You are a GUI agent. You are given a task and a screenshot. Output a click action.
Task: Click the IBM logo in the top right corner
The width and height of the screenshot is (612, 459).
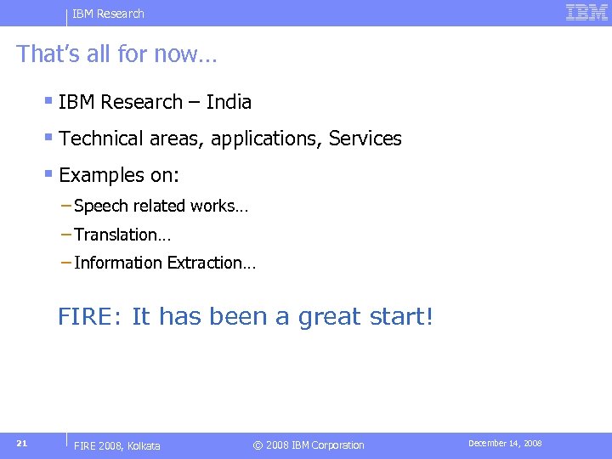586,13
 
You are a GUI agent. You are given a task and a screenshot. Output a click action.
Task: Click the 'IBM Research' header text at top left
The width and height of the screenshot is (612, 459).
108,14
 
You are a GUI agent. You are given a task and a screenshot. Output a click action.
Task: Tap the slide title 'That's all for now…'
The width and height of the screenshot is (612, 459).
117,54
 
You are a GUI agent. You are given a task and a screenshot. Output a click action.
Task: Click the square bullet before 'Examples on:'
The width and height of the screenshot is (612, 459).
49,175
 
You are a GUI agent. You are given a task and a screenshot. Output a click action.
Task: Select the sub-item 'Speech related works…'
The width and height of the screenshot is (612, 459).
161,206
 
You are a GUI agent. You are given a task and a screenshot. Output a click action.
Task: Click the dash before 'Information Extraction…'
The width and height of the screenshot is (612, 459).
66,263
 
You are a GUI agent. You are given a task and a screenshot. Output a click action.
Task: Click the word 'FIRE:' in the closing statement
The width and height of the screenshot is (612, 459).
91,317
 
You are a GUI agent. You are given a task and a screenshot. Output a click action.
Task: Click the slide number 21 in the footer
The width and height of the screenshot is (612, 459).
23,443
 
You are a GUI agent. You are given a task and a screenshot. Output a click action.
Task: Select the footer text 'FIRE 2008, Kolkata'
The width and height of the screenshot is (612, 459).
117,445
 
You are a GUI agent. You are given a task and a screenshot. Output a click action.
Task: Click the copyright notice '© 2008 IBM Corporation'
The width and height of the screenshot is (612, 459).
309,445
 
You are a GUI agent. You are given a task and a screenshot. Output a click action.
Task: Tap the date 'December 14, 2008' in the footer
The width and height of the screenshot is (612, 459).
505,444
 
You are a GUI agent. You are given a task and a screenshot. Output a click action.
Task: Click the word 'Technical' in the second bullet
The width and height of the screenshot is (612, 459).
100,139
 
